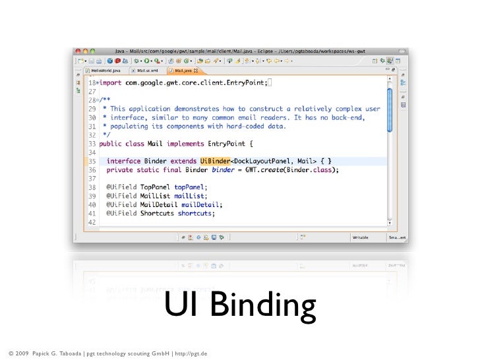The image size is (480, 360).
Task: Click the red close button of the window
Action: [78, 51]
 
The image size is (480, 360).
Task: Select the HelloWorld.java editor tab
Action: [105, 70]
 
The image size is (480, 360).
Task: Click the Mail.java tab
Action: [184, 70]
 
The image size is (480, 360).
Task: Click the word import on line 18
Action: [117, 82]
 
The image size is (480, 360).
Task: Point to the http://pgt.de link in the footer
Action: [192, 354]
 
